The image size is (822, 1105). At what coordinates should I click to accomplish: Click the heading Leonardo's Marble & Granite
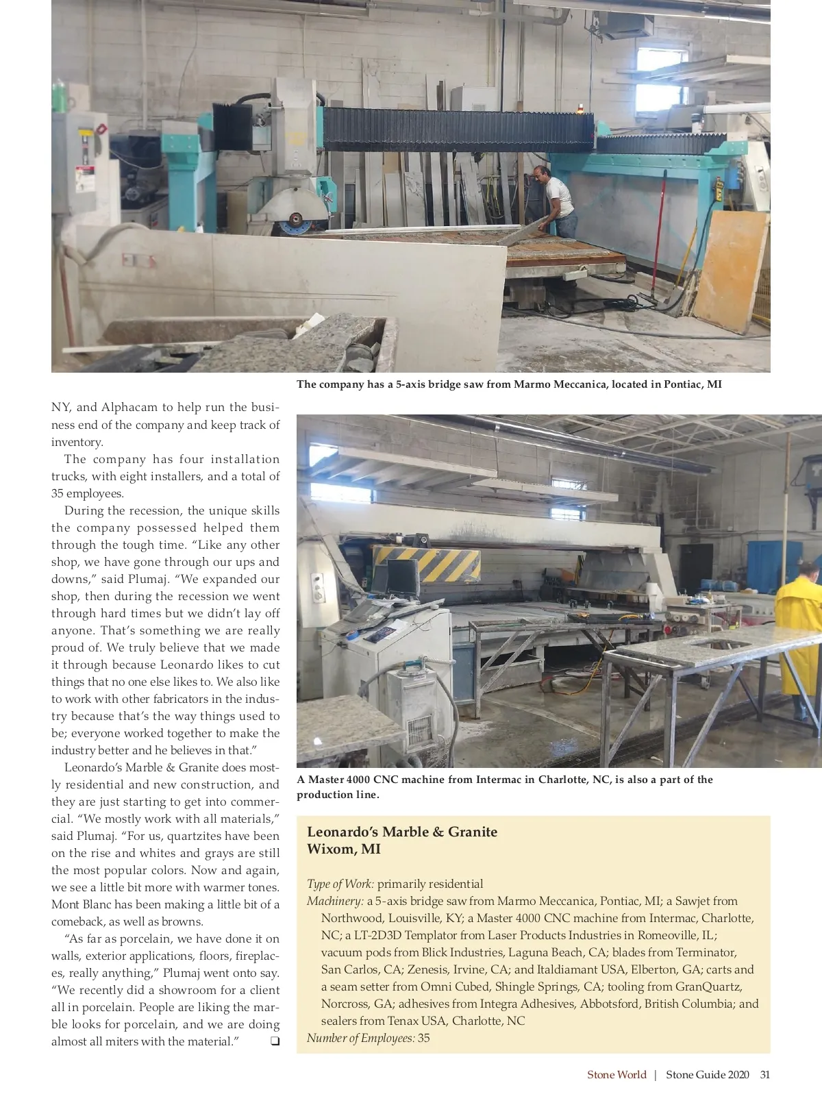(402, 832)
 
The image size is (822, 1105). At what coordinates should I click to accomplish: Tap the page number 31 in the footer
(764, 1074)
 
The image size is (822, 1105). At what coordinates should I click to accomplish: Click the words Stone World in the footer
(616, 1074)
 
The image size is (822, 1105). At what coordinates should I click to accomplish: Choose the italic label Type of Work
(340, 884)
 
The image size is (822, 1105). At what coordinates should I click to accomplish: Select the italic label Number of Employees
(360, 1038)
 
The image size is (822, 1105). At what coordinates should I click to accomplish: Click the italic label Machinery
(335, 901)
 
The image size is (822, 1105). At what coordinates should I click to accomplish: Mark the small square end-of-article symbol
(275, 1041)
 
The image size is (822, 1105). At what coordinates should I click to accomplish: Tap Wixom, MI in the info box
(343, 849)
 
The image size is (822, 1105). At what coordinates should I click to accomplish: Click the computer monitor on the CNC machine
(402, 577)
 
